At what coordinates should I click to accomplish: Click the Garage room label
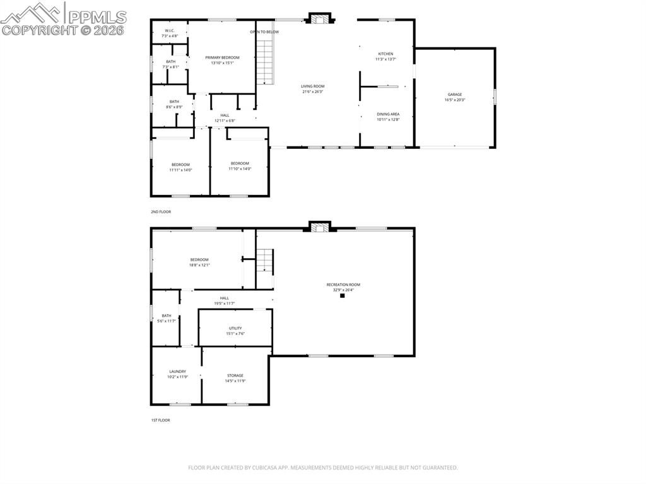point(455,95)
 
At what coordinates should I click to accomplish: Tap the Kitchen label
point(385,54)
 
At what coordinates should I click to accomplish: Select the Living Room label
point(312,86)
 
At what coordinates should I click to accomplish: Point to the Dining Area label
point(388,114)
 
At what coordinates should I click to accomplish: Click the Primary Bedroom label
point(222,57)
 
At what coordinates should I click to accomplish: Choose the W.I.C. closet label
point(170,30)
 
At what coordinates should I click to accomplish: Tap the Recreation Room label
point(343,285)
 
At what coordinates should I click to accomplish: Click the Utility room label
point(235,328)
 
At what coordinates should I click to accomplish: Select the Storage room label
point(235,375)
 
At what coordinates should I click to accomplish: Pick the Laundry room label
point(177,372)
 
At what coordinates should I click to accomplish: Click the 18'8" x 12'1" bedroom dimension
point(199,265)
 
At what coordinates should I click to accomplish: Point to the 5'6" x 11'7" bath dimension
point(167,321)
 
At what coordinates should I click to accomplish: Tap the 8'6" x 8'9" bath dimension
point(174,107)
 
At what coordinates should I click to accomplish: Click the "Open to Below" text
point(264,32)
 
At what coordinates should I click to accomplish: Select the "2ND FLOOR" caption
point(160,212)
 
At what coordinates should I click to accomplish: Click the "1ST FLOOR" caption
point(160,420)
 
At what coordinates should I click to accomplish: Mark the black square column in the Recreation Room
point(343,295)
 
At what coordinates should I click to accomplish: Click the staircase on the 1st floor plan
point(264,261)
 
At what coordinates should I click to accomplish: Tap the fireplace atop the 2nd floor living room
point(319,18)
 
